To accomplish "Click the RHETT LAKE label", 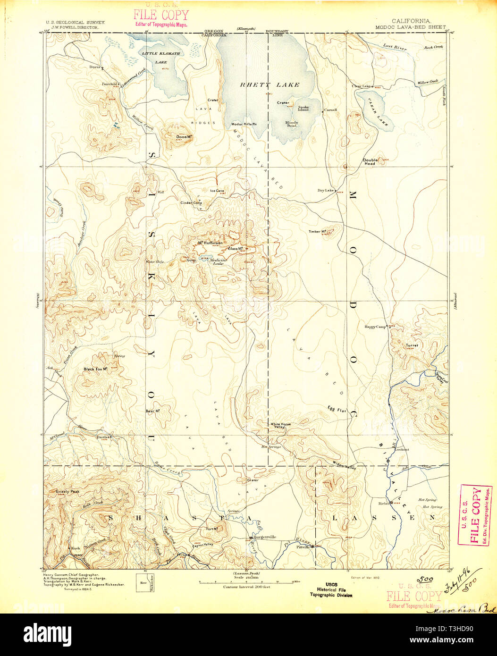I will [x=270, y=85].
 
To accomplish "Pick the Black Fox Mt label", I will [x=96, y=369].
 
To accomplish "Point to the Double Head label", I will [x=369, y=161].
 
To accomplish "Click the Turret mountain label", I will [x=412, y=345].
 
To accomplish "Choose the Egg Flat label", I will [x=337, y=409].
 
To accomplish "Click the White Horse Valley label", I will [x=280, y=426].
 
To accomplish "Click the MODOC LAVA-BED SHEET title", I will [x=410, y=27].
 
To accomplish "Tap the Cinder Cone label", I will [x=192, y=202].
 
